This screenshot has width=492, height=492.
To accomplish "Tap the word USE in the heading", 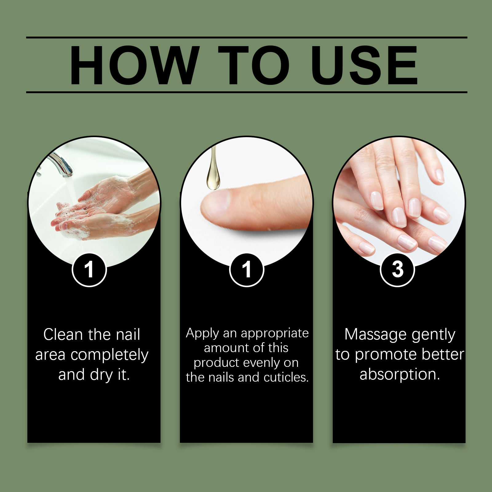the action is [x=364, y=65].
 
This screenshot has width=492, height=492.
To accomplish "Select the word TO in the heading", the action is [x=254, y=65].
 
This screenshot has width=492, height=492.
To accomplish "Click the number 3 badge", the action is [x=398, y=270].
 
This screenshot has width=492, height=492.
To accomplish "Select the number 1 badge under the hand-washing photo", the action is [x=89, y=270].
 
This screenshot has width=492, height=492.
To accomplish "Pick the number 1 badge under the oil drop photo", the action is [x=247, y=270].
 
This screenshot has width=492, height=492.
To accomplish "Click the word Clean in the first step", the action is [x=63, y=334].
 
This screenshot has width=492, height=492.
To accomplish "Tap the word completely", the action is [x=109, y=355].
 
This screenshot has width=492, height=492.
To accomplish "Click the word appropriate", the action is [x=275, y=334].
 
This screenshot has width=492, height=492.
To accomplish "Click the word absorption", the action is [x=400, y=375].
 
